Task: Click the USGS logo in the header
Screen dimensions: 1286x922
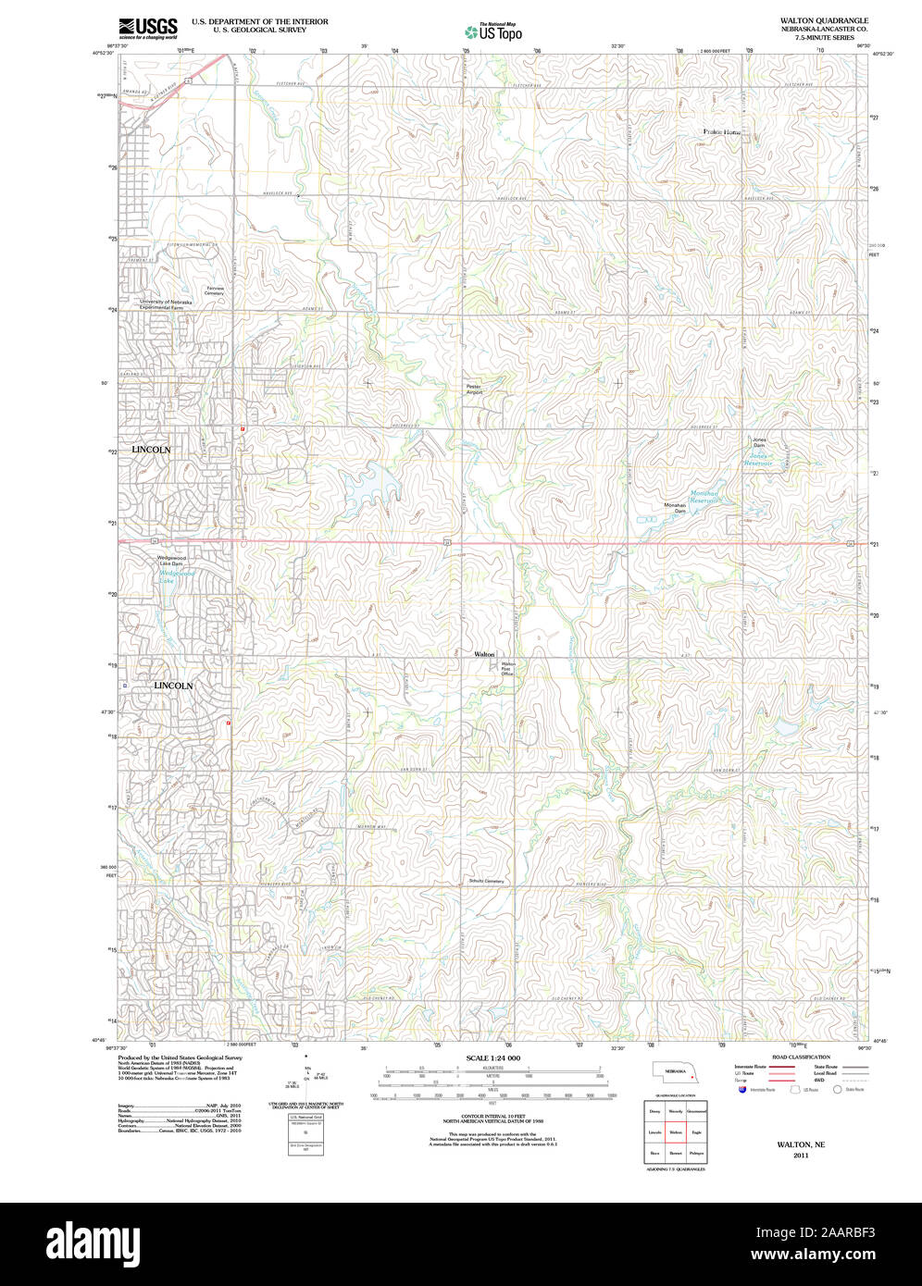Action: [148, 28]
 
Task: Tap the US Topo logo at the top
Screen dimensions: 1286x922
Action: [493, 31]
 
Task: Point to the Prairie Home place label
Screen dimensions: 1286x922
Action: [722, 132]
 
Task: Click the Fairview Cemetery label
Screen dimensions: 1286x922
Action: [215, 291]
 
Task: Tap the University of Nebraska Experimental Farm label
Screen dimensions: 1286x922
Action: [167, 304]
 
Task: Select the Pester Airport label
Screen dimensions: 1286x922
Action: [474, 390]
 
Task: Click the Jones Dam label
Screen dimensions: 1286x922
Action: [759, 442]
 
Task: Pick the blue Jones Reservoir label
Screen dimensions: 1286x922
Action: [759, 459]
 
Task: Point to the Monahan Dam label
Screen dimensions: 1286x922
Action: [674, 508]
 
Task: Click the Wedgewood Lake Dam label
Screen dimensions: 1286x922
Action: [171, 561]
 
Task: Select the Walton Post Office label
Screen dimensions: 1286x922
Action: [507, 669]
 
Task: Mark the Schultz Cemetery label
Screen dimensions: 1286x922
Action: [486, 881]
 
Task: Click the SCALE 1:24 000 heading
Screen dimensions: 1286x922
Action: [492, 1057]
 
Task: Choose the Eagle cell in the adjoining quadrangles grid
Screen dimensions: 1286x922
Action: [697, 1131]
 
